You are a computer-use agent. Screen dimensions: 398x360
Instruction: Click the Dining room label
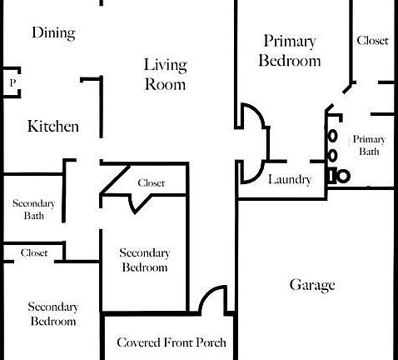click(53, 33)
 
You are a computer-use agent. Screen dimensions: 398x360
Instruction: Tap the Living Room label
click(166, 74)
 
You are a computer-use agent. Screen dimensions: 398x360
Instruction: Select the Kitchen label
click(53, 127)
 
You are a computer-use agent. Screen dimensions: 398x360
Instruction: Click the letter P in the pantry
click(12, 82)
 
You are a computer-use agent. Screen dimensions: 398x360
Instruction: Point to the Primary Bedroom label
click(290, 51)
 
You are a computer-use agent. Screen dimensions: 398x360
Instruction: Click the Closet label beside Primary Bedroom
click(372, 41)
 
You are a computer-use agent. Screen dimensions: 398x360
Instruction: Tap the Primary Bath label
click(369, 145)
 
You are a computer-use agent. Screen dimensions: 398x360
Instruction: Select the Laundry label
click(290, 180)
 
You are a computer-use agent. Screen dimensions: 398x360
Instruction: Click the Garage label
click(312, 285)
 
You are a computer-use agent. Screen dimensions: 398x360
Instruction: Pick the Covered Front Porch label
click(172, 342)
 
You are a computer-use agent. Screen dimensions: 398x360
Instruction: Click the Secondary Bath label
click(33, 209)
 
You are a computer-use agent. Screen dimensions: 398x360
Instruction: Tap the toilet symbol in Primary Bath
click(339, 176)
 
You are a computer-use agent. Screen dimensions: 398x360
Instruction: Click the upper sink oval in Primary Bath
click(332, 136)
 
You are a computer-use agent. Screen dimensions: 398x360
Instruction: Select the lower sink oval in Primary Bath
click(332, 156)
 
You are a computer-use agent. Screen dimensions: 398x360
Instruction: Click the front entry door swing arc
click(206, 295)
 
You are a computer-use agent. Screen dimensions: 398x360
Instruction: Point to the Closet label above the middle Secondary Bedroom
click(152, 183)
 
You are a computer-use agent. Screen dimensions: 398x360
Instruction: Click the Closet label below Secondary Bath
click(34, 252)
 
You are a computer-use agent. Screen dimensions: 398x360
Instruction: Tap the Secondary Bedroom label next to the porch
click(145, 260)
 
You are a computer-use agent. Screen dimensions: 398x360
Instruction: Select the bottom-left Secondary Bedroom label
click(53, 314)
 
